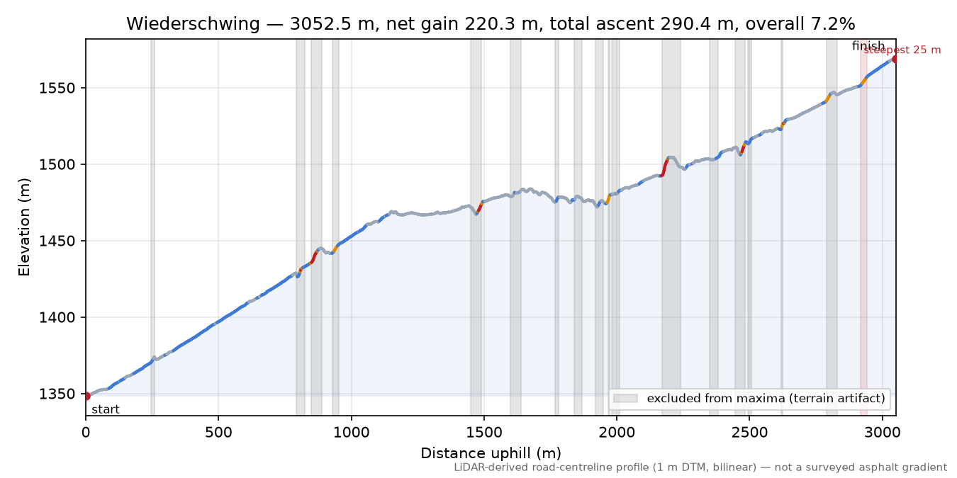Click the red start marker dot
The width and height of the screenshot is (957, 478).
pyautogui.click(x=86, y=396)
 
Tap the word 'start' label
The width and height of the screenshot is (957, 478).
pyautogui.click(x=106, y=410)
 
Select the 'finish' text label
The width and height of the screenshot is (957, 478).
pyautogui.click(x=868, y=45)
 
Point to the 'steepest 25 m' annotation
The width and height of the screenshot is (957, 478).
pyautogui.click(x=902, y=50)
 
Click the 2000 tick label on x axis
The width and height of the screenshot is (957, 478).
pyautogui.click(x=617, y=433)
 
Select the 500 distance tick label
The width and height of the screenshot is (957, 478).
pyautogui.click(x=218, y=433)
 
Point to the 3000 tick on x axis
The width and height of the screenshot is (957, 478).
pyautogui.click(x=883, y=433)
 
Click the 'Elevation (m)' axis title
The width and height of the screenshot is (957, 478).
pyautogui.click(x=24, y=227)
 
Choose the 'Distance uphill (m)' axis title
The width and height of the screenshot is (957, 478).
pyautogui.click(x=491, y=453)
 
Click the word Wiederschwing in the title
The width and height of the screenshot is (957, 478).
pyautogui.click(x=193, y=24)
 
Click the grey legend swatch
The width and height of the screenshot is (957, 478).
pyautogui.click(x=625, y=398)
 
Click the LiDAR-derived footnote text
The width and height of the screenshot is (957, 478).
pyautogui.click(x=700, y=467)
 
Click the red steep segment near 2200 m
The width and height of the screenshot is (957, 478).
pyautogui.click(x=665, y=166)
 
